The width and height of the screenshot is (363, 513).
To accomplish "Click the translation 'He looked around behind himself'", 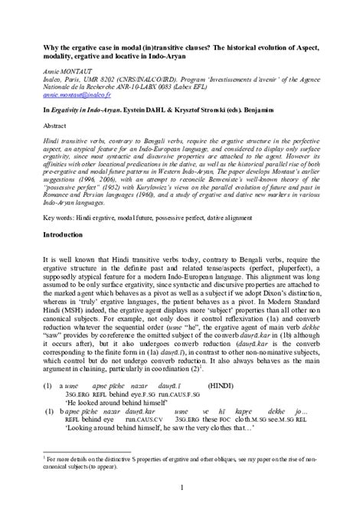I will click(113, 404).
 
